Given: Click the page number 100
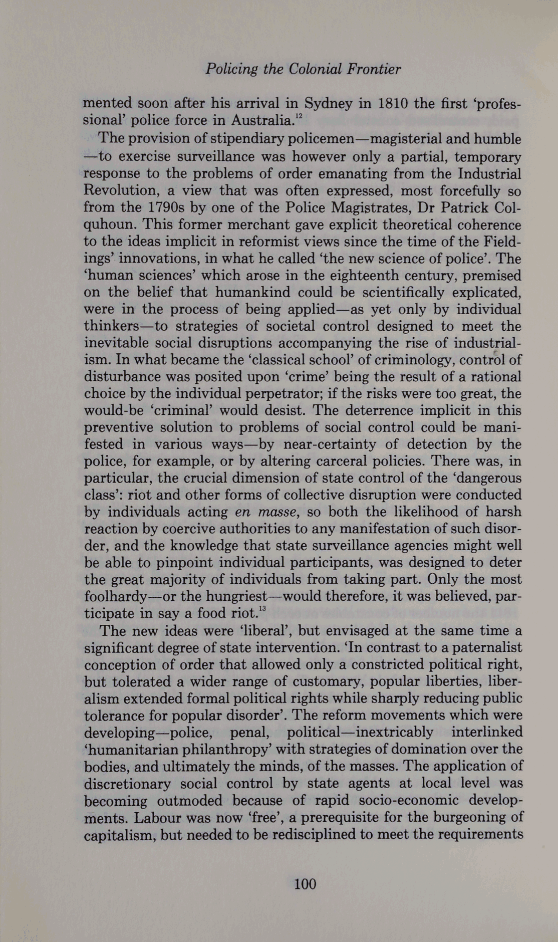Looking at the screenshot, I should click(305, 883).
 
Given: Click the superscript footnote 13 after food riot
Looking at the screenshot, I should click(261, 609).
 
